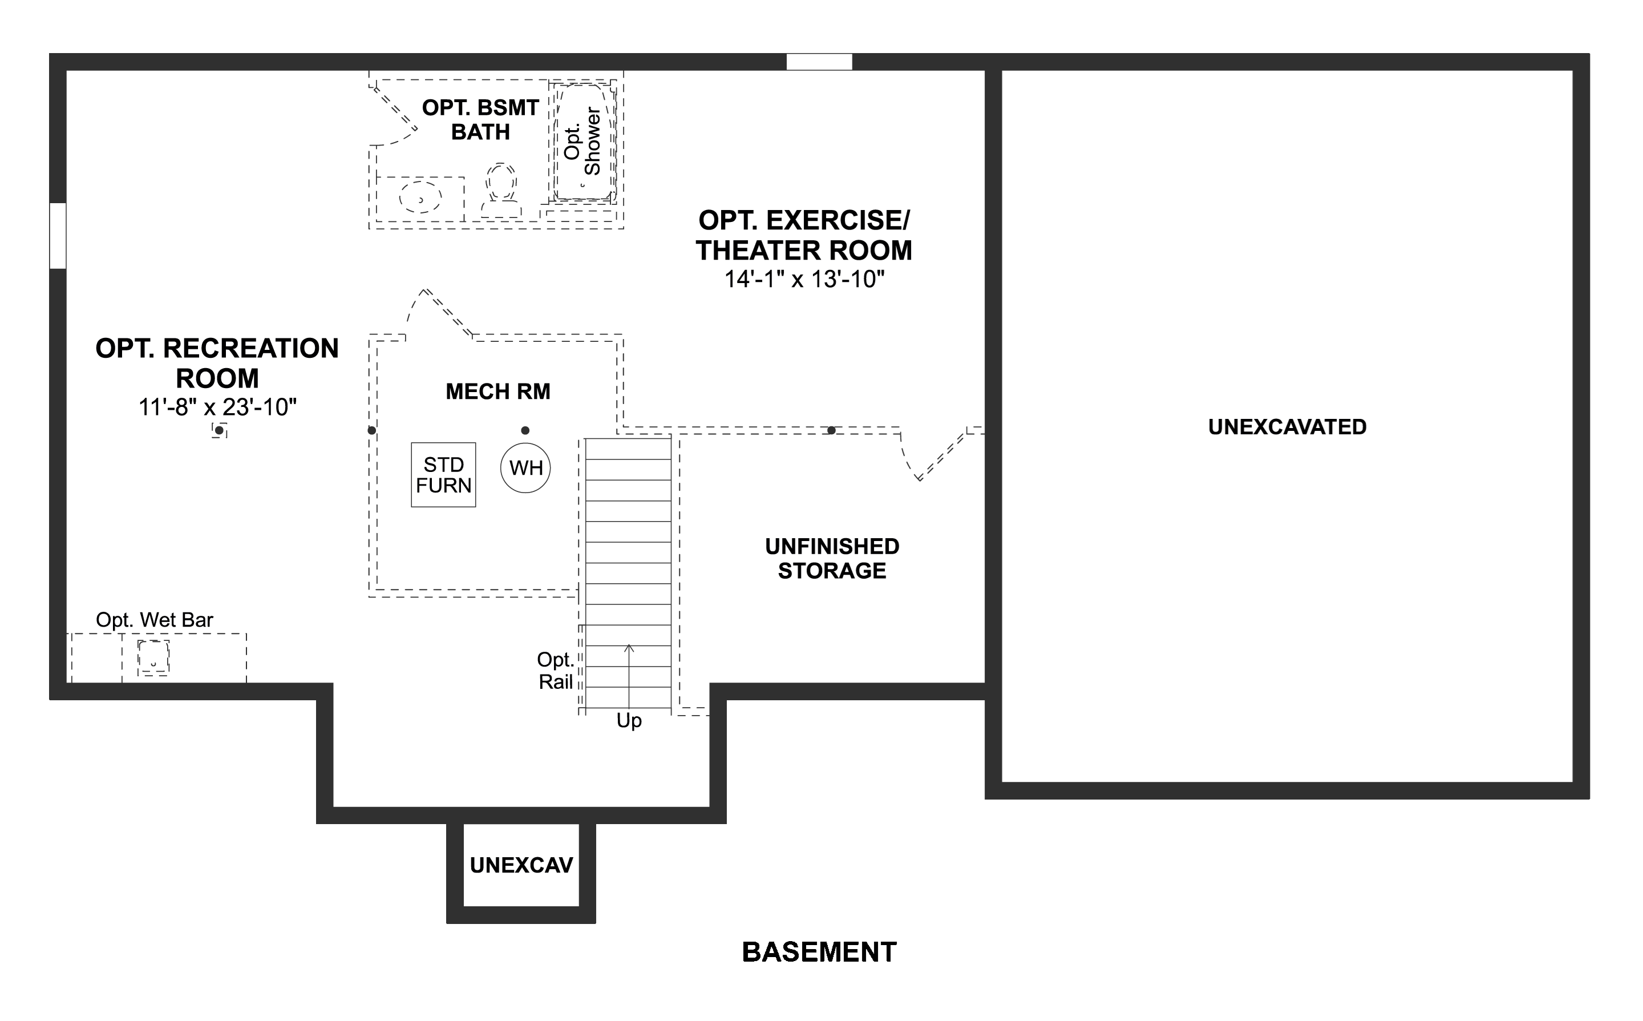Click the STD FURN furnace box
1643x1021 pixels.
(x=443, y=475)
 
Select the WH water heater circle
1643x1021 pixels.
(x=525, y=467)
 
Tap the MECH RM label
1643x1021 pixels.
(x=498, y=392)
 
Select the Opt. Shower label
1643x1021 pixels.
(x=582, y=142)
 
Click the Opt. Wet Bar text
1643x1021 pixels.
(x=155, y=620)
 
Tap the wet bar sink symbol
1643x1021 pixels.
(x=153, y=657)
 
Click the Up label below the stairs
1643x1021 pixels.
(x=629, y=721)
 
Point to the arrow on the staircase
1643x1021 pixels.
(x=629, y=675)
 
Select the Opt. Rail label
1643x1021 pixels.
(x=556, y=671)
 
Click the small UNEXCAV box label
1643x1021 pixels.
(x=521, y=866)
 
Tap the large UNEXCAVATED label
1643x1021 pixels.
(x=1287, y=427)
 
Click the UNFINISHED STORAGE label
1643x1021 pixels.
(x=832, y=559)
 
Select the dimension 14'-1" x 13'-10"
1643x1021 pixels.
(x=804, y=279)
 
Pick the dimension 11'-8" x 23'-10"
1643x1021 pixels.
(x=217, y=407)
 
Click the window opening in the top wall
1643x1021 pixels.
(x=819, y=62)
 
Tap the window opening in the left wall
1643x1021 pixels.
(x=58, y=236)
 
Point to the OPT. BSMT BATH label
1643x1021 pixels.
(x=480, y=119)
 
